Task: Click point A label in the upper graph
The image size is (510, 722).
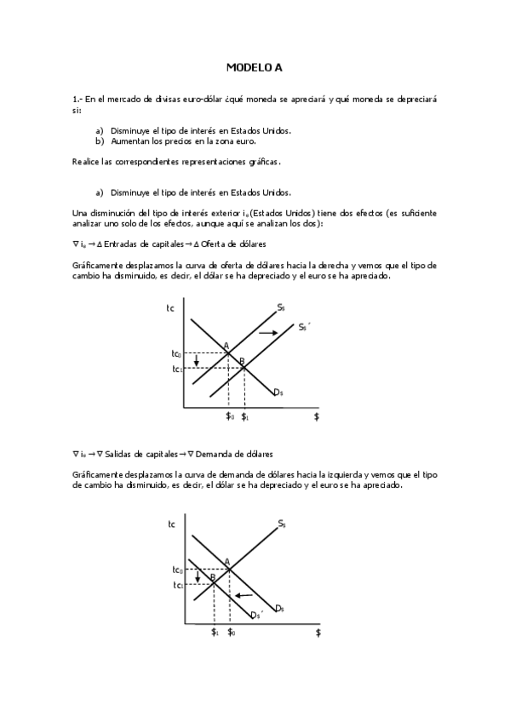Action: click(226, 346)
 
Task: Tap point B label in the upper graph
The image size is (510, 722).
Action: click(242, 362)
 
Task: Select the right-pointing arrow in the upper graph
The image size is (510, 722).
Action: click(268, 331)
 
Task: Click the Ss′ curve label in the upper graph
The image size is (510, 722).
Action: click(302, 326)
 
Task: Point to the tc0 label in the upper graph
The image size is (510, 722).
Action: click(176, 353)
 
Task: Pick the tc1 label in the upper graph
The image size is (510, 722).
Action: click(176, 369)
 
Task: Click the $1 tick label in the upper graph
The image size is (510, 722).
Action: click(245, 416)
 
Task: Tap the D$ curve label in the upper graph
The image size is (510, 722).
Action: click(278, 392)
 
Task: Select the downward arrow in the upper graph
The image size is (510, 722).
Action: click(197, 362)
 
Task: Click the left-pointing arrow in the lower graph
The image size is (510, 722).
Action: click(244, 595)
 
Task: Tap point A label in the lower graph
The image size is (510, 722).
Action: click(226, 561)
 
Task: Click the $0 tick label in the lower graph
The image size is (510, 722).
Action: click(232, 633)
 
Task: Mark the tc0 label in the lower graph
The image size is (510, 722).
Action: click(177, 569)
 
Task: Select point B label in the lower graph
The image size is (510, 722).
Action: click(211, 577)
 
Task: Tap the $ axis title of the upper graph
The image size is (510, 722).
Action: click(317, 416)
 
